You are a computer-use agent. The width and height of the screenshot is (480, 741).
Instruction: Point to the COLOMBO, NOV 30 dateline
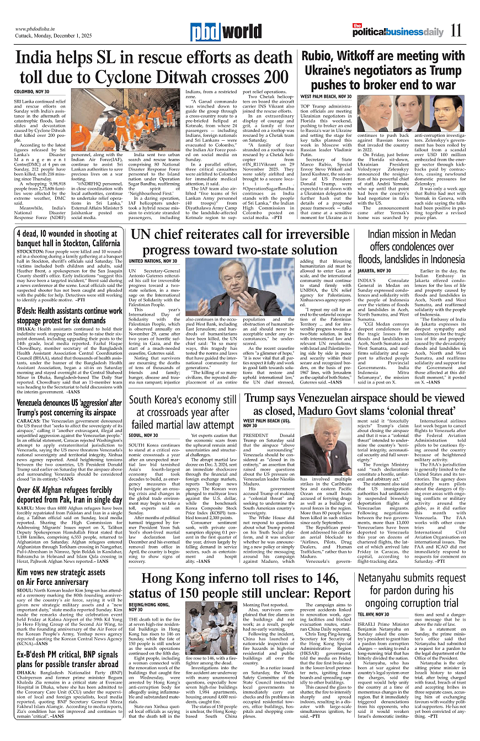point(31,91)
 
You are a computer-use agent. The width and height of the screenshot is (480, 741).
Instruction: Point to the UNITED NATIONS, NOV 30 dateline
point(154,260)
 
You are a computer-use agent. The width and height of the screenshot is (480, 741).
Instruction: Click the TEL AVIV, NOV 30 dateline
point(374,614)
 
